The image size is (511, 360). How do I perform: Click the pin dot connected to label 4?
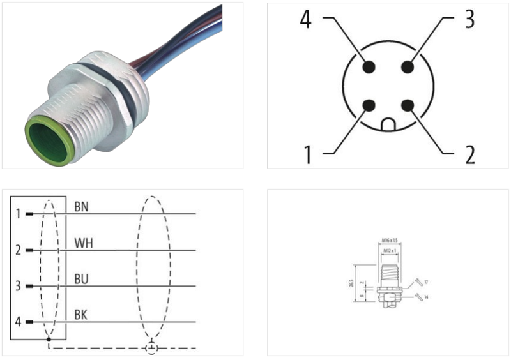coord(369,66)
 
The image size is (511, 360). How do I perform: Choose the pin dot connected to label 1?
coord(369,106)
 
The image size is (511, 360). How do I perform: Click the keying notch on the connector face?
coord(388,124)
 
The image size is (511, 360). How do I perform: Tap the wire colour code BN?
coord(82,207)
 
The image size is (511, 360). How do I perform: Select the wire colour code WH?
coord(83,243)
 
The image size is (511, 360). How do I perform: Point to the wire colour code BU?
coord(82,280)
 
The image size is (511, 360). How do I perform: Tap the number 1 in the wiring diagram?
coord(18,213)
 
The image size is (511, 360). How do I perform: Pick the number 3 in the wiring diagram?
coord(18,286)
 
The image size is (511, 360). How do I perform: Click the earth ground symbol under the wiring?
coord(151,348)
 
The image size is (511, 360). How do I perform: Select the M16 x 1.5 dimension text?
coord(390,240)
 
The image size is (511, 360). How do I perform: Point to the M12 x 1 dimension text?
coord(390,251)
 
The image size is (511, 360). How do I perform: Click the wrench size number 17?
coord(425,281)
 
